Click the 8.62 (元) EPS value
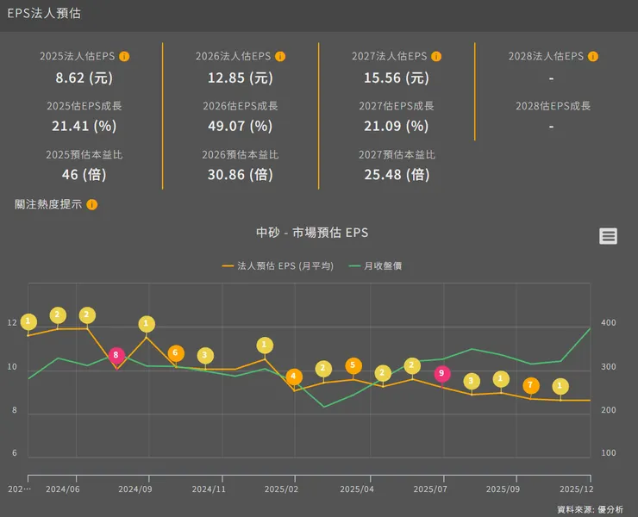[84, 78]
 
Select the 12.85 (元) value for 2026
[240, 78]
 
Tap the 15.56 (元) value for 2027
[396, 78]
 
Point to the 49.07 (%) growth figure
[240, 126]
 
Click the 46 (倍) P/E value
[84, 174]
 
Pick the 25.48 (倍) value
[396, 174]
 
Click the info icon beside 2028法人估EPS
[593, 57]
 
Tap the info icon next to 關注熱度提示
[92, 205]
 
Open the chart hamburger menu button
[609, 236]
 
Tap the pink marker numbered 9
[442, 373]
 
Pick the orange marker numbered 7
[531, 385]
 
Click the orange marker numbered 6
[176, 353]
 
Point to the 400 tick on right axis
[608, 323]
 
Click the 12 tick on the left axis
[12, 323]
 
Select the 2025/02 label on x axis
[282, 489]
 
